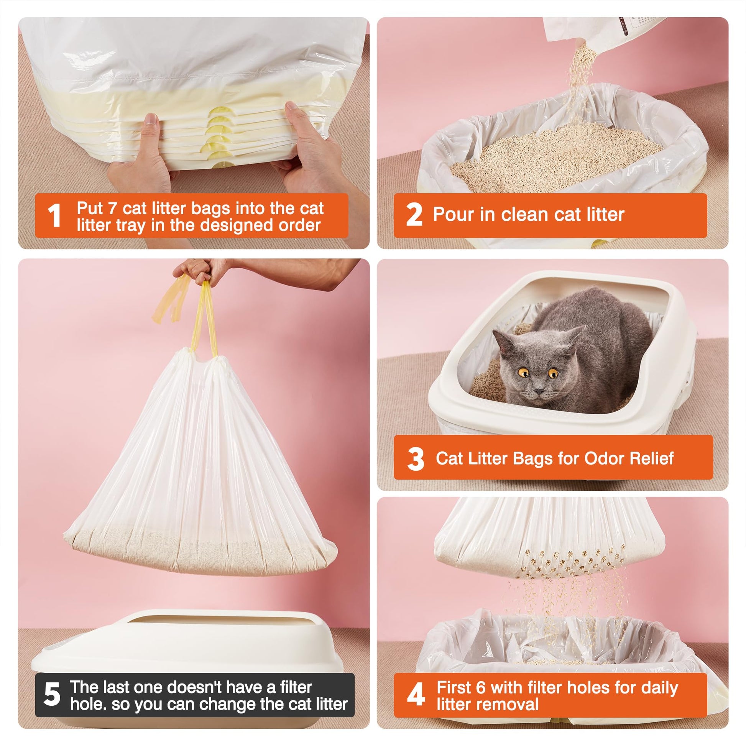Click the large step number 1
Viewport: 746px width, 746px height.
(54, 215)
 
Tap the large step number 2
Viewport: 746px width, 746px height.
(414, 215)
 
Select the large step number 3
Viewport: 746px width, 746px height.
(416, 459)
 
